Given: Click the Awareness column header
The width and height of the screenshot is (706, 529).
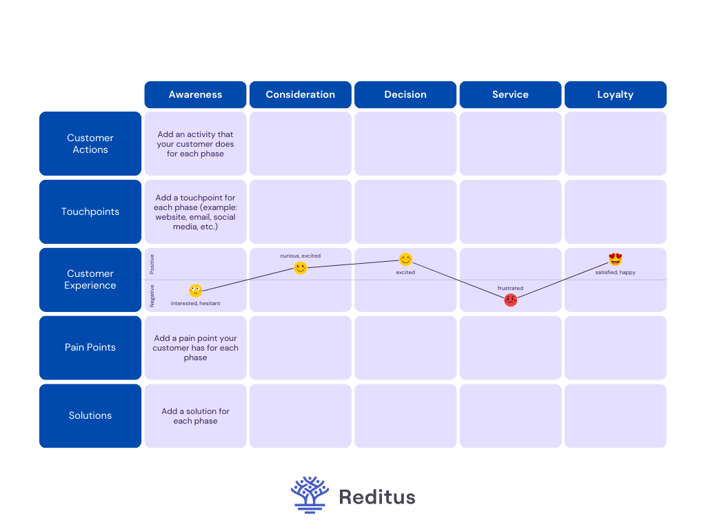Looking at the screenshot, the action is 195,94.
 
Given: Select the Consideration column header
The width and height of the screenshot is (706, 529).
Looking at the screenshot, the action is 301,94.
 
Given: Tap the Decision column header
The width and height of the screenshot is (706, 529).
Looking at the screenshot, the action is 405,94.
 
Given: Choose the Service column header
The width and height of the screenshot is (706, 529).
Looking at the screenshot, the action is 510,94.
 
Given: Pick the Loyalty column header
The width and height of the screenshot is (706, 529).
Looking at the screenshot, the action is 616,94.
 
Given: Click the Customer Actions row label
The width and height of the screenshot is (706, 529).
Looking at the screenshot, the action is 90,143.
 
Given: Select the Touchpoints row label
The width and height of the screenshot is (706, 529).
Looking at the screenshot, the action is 90,211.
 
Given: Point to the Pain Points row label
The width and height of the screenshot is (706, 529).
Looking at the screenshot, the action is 90,348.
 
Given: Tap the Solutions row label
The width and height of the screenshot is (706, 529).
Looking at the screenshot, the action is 90,415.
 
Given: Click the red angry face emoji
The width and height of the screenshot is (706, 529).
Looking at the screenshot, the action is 511,300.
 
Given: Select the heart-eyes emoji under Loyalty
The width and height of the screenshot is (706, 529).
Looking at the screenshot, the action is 616,259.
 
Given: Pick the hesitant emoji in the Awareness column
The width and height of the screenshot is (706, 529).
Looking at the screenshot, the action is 195,291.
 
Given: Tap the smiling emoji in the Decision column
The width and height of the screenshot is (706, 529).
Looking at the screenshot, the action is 405,259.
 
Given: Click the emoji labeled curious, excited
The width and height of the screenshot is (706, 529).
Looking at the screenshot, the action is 301,268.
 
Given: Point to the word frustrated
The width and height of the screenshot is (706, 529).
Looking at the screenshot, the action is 510,288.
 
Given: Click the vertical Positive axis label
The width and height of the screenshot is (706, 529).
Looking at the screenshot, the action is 152,264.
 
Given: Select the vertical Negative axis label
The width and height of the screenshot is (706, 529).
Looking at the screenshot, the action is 152,296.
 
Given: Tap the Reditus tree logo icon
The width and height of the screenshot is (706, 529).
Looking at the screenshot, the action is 310,495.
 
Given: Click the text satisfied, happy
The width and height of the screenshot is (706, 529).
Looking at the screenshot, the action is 616,272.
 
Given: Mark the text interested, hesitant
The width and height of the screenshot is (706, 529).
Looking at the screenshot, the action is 195,303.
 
